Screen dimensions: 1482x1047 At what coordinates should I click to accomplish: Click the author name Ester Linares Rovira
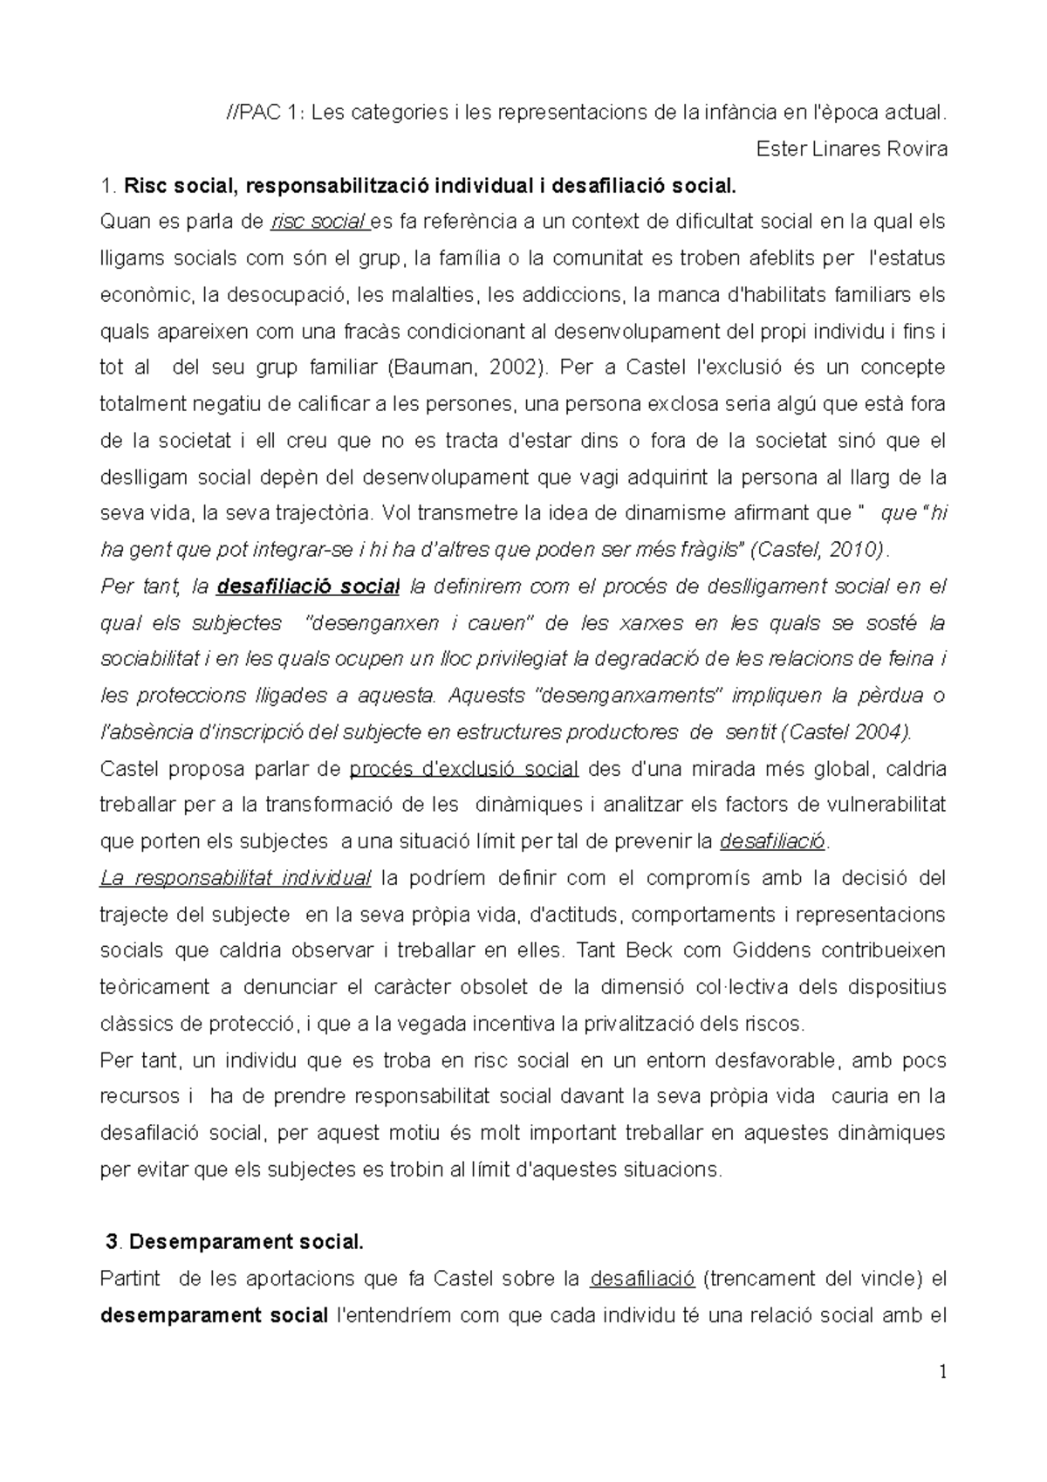(x=852, y=148)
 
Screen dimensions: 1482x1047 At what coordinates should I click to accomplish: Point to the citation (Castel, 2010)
(x=821, y=550)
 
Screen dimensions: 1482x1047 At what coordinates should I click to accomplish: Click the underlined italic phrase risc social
(x=320, y=222)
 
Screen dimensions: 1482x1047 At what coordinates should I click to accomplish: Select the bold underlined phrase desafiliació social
(x=308, y=587)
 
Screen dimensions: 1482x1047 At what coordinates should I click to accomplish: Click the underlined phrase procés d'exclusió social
(x=463, y=769)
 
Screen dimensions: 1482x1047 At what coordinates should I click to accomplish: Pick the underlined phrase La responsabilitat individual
(x=236, y=878)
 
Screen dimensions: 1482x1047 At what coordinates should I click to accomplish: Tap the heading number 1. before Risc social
(x=108, y=185)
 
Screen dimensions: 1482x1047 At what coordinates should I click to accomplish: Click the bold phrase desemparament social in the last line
(x=215, y=1314)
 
